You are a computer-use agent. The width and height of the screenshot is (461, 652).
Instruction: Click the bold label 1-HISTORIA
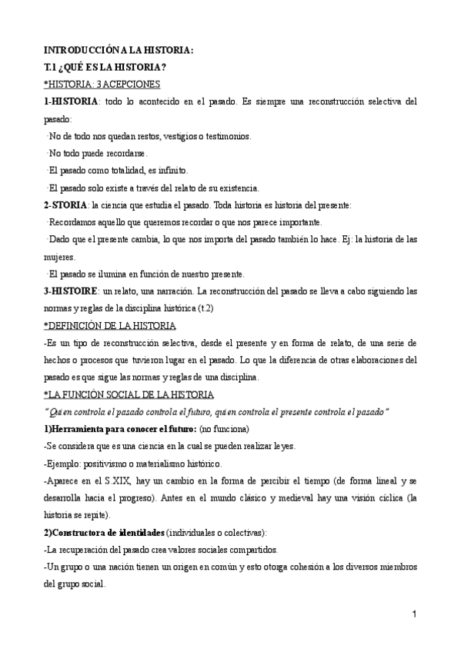pyautogui.click(x=71, y=101)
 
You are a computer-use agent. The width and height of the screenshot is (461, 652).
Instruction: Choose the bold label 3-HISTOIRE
pyautogui.click(x=71, y=291)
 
